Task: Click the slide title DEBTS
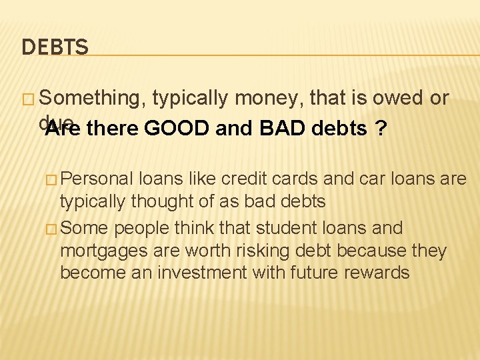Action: click(x=55, y=47)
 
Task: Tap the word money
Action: click(x=268, y=99)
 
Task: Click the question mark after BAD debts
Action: click(x=380, y=128)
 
